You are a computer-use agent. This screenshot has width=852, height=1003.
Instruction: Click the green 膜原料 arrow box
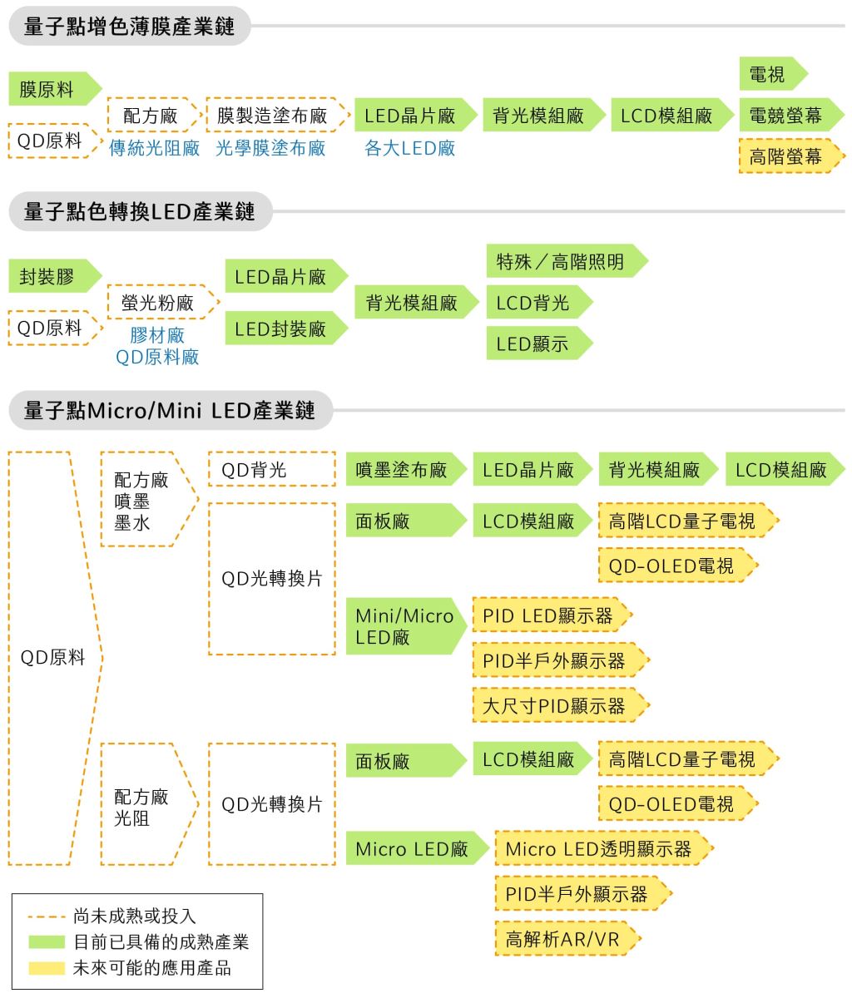54,89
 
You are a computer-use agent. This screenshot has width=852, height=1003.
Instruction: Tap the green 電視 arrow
772,74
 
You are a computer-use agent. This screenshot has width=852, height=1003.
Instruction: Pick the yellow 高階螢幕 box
791,156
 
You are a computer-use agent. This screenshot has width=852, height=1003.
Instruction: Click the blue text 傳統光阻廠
154,148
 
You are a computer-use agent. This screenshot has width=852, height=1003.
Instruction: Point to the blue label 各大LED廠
409,148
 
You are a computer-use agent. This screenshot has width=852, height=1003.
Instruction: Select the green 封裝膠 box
54,276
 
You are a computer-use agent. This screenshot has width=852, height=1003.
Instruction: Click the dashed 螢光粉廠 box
163,302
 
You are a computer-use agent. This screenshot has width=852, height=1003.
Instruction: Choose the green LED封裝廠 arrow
286,328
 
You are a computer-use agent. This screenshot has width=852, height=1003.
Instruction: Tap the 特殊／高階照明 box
567,260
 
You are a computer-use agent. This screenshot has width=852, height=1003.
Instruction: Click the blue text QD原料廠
157,357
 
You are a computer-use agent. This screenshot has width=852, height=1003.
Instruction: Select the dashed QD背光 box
271,469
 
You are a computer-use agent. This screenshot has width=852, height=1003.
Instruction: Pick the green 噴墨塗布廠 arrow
406,469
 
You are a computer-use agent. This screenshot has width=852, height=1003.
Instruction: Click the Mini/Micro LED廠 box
406,626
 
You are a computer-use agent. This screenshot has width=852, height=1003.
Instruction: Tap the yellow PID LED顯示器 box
552,615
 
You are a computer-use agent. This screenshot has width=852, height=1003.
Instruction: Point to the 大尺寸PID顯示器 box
561,705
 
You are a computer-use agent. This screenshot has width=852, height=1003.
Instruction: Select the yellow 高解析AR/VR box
568,938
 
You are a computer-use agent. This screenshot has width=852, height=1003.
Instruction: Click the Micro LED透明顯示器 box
604,848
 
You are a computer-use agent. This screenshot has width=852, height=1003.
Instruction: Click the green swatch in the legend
47,941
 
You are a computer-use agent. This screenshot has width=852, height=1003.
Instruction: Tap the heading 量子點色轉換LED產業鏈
139,211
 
